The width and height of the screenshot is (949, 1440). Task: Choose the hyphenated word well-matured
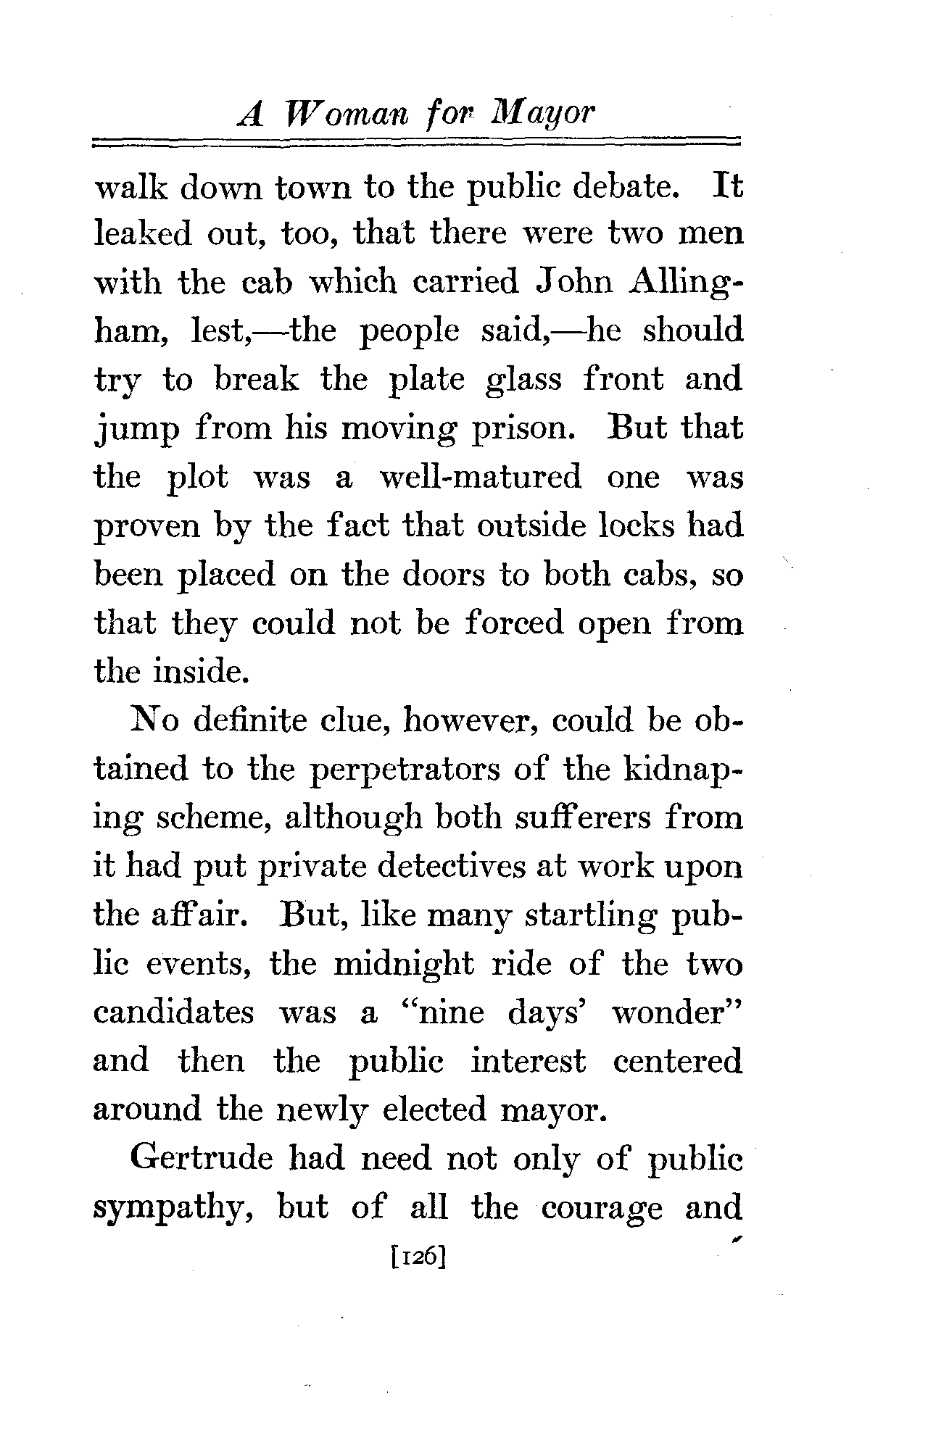click(x=480, y=477)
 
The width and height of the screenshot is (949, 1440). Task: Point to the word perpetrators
click(x=405, y=770)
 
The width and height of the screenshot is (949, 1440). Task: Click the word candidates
click(x=174, y=1012)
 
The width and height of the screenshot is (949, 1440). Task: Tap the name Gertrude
click(x=201, y=1159)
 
